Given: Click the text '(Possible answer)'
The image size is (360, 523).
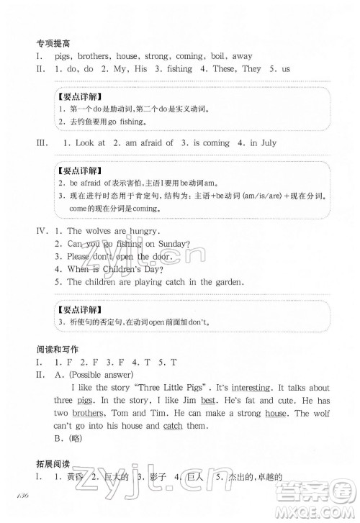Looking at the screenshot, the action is pyautogui.click(x=97, y=374).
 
